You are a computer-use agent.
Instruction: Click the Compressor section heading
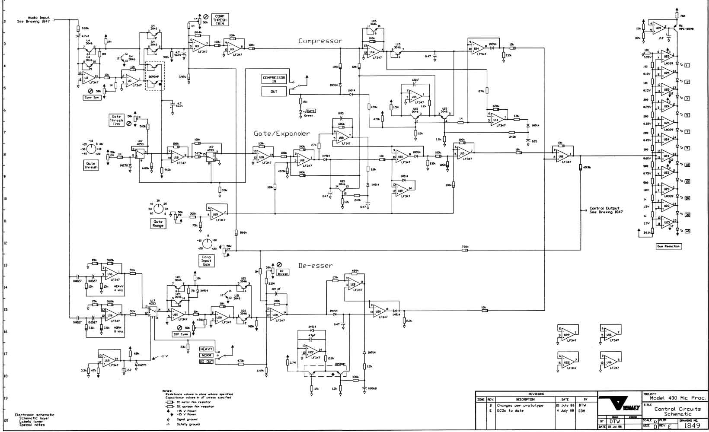320,41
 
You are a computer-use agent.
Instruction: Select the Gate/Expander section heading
282,133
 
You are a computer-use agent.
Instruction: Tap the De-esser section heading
316,265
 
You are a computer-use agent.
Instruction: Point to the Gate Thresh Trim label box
116,121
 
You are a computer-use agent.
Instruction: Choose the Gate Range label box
158,223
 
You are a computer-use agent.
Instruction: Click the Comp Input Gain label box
207,260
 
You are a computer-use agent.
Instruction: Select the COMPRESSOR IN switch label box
274,79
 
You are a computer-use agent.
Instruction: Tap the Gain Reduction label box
668,246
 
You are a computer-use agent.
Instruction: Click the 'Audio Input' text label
38,18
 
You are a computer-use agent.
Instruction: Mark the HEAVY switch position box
206,349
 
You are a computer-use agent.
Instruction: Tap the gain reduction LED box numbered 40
687,231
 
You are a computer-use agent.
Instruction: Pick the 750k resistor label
465,247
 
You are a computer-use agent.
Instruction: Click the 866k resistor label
243,232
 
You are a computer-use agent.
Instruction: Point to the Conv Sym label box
91,98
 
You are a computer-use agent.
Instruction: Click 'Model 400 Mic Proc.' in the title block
678,398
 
